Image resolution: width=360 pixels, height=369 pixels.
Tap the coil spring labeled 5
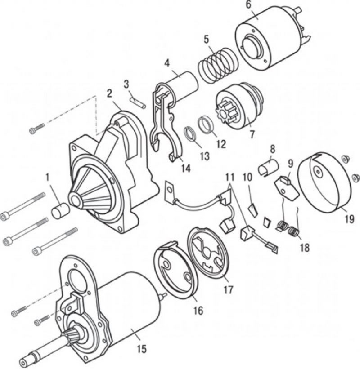[217, 64]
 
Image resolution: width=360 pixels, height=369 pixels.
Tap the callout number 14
[186, 168]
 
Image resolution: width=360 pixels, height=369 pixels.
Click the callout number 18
[305, 248]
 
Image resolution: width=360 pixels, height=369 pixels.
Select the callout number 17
[228, 289]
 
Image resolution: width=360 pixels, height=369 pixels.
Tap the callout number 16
[198, 311]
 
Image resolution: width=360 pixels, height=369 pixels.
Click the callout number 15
[142, 349]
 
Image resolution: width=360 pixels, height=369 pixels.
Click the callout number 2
[109, 94]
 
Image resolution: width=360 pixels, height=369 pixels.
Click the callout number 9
[290, 164]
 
